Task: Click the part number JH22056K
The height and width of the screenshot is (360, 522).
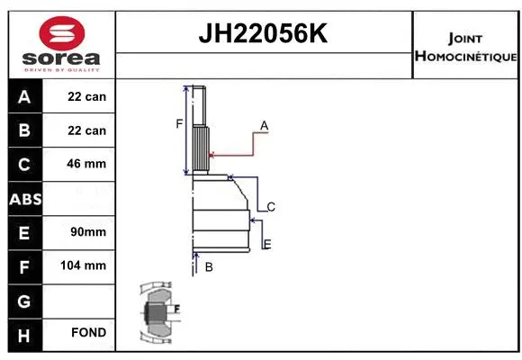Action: pos(264,34)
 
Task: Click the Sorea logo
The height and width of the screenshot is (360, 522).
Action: pos(62,44)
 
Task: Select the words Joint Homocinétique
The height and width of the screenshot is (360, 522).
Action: pos(465,48)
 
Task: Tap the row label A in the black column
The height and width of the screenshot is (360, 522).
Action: pos(24,96)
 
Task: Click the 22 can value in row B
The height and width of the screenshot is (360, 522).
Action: pos(86,130)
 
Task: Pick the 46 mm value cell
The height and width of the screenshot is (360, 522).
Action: pos(86,164)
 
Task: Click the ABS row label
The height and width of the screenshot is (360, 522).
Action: pos(24,198)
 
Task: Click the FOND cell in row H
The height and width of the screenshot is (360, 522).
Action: pos(88,333)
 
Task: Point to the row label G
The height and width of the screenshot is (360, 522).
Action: pos(24,299)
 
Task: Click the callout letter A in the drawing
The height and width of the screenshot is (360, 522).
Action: pos(265,124)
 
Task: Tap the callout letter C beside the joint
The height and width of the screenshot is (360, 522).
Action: pos(270,207)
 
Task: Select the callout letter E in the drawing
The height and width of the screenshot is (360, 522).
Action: pos(266,244)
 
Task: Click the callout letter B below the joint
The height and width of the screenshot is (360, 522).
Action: pos(209,267)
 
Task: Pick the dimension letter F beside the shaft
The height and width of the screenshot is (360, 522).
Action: pos(179,123)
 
